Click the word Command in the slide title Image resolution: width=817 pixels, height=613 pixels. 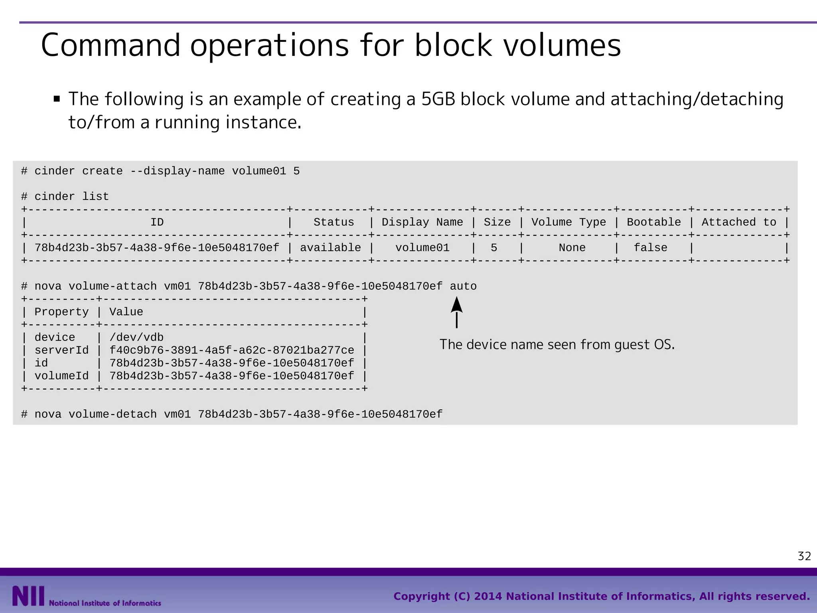click(x=111, y=45)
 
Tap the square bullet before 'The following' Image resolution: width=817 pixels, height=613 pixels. click(x=57, y=99)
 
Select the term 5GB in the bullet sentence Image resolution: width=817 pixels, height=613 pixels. click(x=438, y=99)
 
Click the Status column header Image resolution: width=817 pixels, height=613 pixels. click(x=334, y=222)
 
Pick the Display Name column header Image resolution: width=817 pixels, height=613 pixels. click(x=422, y=222)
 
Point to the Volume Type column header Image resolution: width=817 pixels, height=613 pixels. click(x=568, y=222)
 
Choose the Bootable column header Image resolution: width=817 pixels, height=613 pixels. click(x=653, y=222)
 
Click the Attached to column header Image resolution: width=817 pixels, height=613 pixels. click(x=738, y=222)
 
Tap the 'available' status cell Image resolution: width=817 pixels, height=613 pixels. click(x=330, y=248)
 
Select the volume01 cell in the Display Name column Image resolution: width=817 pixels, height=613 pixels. click(x=422, y=248)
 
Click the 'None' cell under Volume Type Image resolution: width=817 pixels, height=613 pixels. click(x=572, y=248)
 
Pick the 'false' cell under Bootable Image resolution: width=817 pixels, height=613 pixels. click(x=650, y=248)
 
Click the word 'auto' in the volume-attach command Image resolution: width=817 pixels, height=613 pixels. click(x=463, y=286)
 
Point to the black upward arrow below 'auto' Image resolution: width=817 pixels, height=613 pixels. click(x=457, y=312)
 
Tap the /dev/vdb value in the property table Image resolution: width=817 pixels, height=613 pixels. click(x=136, y=338)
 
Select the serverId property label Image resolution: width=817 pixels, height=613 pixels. click(x=61, y=350)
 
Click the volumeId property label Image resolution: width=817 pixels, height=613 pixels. click(x=61, y=376)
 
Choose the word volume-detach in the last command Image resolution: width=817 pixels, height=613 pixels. click(x=112, y=414)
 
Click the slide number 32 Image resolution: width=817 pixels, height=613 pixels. click(x=804, y=556)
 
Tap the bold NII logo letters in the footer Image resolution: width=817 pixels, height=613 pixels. click(x=28, y=596)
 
